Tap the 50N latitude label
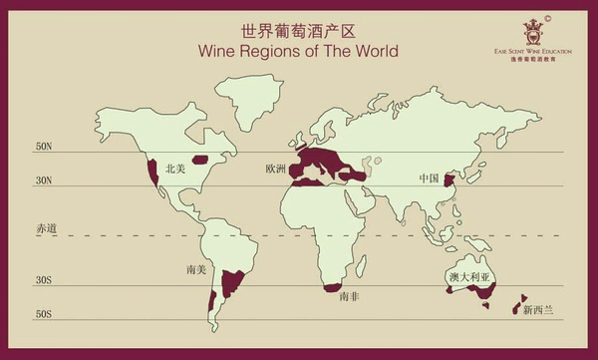pos(44,147)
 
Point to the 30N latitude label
pos(44,180)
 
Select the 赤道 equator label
pos(46,228)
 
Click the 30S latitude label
pos(44,280)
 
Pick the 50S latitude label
pos(44,314)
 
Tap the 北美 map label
pos(176,169)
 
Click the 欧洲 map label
pos(276,169)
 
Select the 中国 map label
pos(429,179)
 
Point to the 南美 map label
pos(195,269)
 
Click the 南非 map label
pos(349,297)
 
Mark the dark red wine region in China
pos(448,180)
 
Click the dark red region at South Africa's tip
pos(333,287)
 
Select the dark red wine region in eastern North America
pos(200,159)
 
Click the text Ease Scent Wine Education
pos(533,56)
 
